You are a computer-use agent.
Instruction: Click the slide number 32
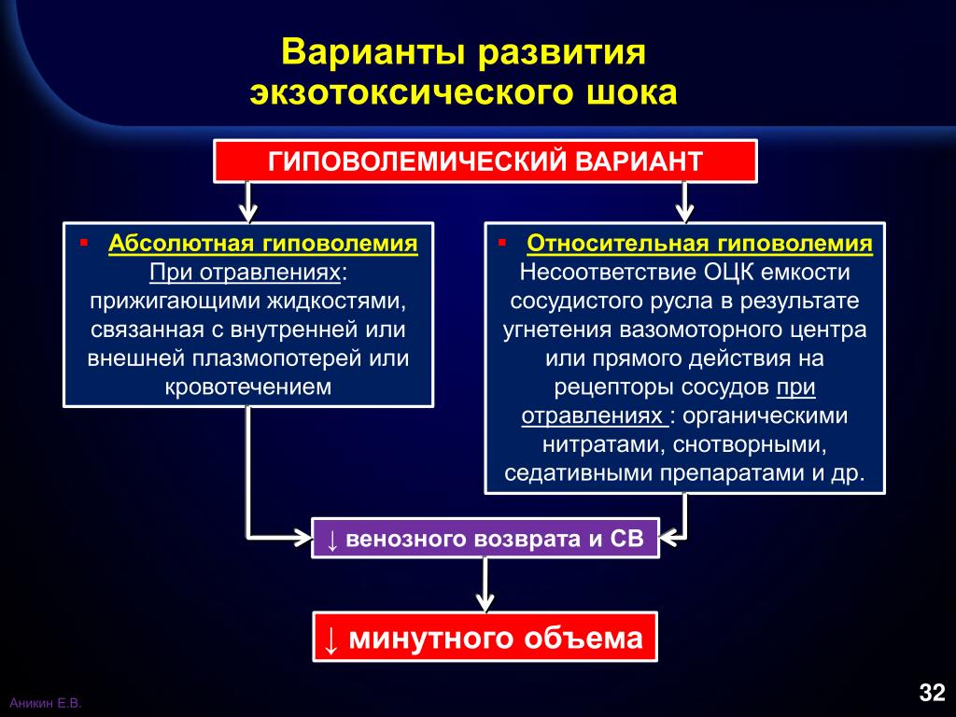click(933, 692)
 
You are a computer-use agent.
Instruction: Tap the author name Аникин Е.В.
click(45, 703)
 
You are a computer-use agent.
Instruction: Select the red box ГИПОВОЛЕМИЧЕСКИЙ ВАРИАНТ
click(485, 161)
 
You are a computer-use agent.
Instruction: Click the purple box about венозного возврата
click(485, 539)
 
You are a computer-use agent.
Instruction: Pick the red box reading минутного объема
click(485, 637)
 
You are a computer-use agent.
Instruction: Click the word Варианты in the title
click(379, 51)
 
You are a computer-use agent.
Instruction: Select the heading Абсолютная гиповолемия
click(262, 244)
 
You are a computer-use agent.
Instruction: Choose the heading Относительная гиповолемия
click(699, 244)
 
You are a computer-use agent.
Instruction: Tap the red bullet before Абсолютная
click(83, 243)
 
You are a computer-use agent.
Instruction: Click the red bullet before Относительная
click(501, 243)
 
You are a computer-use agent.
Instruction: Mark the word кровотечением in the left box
click(248, 387)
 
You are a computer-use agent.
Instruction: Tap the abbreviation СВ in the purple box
click(626, 539)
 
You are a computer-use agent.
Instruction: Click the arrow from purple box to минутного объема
click(485, 584)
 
